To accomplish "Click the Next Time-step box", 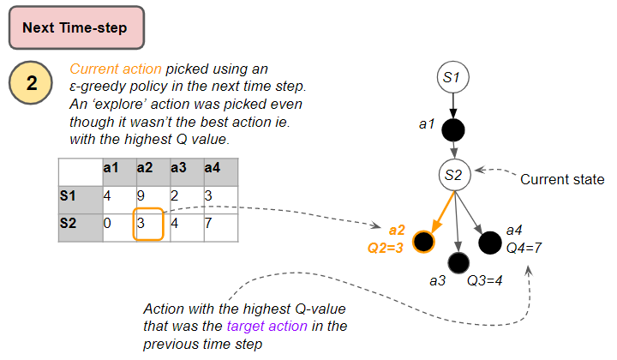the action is tap(77, 27).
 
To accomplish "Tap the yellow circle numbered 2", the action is tap(31, 82).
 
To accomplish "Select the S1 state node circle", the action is tap(453, 77).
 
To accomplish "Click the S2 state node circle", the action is tap(454, 175).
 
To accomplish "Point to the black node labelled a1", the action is tap(453, 129).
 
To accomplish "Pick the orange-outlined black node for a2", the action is tap(423, 242).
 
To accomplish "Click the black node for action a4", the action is tap(490, 243).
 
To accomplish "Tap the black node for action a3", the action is tap(458, 263).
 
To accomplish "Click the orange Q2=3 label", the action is tap(386, 248).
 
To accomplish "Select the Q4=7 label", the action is tap(524, 248).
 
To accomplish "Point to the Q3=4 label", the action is tap(484, 280).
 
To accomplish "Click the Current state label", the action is tap(562, 179).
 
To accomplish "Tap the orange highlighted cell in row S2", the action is tap(148, 224).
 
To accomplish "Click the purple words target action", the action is tap(267, 327).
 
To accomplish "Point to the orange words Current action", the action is tap(116, 69).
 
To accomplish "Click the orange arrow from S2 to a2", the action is tap(444, 212).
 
